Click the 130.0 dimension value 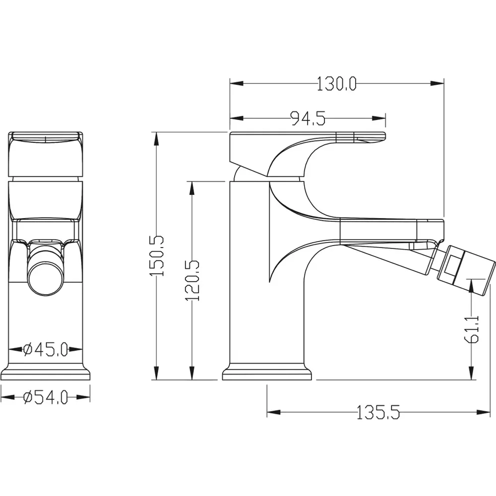(x=337, y=84)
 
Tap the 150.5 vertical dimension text (x=157, y=255)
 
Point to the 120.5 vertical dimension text (x=192, y=280)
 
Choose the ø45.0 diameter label (x=46, y=350)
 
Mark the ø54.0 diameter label (x=46, y=397)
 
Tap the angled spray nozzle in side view (x=466, y=272)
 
